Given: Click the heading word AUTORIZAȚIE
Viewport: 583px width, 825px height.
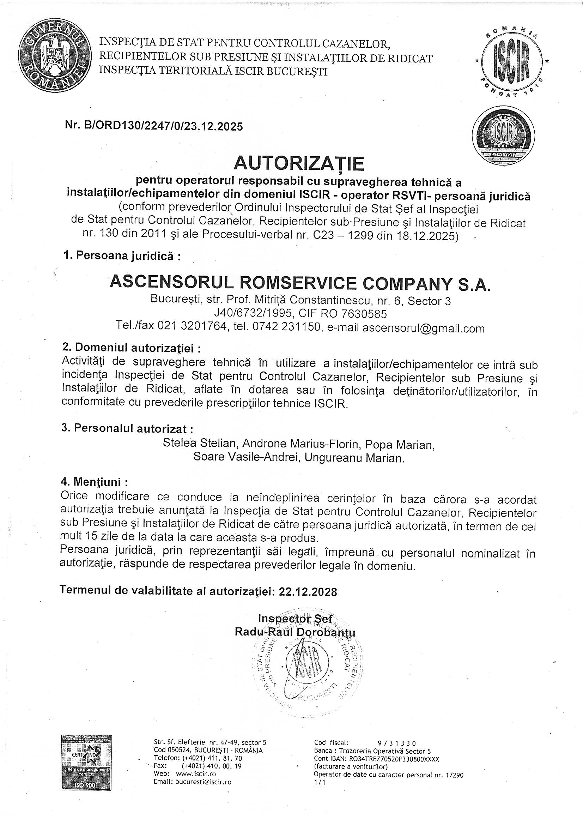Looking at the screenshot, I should (299, 164).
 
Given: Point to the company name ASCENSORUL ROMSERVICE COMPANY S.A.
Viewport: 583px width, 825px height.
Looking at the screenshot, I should (300, 283).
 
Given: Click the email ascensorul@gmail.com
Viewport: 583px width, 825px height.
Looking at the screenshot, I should (423, 329).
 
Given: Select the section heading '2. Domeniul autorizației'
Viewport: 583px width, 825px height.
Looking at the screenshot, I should (132, 348).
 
